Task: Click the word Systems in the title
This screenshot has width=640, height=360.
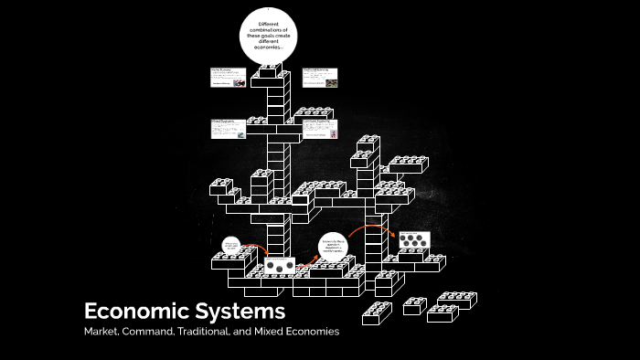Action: [240, 311]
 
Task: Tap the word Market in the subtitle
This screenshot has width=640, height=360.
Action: [101, 332]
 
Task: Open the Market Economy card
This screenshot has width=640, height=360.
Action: [228, 78]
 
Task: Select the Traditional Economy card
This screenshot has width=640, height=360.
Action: [321, 78]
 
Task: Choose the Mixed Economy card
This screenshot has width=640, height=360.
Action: [228, 129]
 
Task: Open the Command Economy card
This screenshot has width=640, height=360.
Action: [321, 129]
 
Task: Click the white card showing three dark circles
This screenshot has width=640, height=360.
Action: [280, 267]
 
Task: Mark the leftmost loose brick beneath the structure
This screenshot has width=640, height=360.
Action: [377, 314]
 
